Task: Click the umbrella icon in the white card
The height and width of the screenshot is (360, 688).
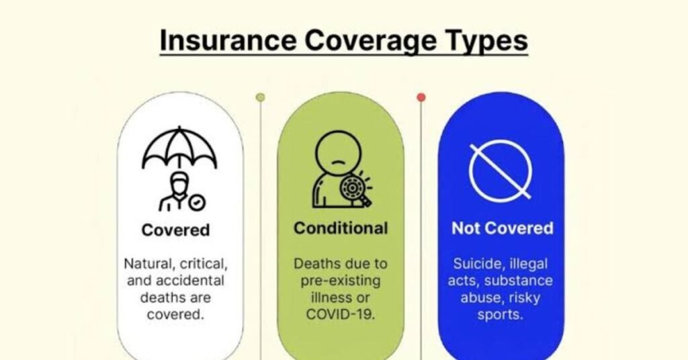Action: point(179,147)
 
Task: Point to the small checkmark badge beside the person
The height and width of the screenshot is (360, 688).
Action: point(197,203)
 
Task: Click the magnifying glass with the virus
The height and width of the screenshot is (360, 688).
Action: point(355,190)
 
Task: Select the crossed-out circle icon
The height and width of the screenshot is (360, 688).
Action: point(501,171)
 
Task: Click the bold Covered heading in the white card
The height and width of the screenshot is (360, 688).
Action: point(175,230)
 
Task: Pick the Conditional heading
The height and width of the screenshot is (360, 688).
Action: point(341,228)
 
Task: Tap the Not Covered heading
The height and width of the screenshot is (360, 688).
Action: point(503,228)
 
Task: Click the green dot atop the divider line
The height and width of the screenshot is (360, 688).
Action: point(260,97)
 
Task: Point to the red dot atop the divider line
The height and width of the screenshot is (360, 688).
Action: point(421,97)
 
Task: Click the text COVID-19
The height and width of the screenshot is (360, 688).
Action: point(341,314)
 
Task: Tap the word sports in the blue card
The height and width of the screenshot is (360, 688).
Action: point(500,315)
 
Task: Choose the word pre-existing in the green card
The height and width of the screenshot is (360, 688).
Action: point(341,281)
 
